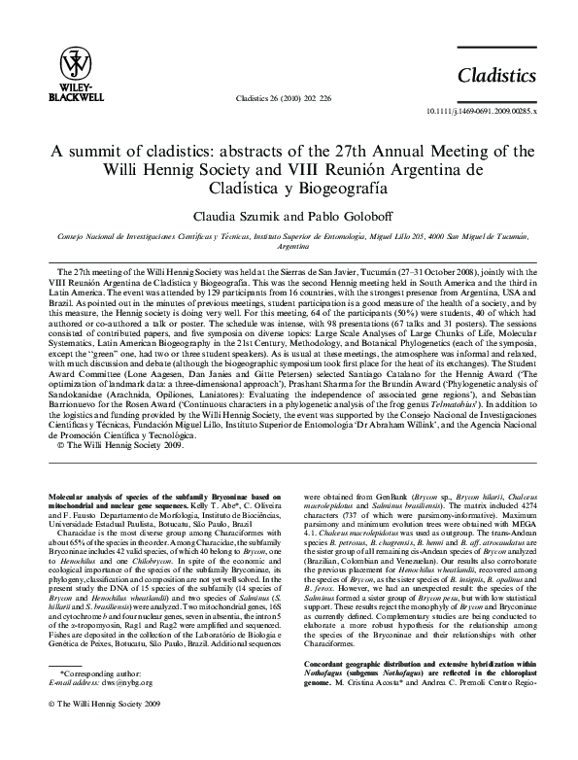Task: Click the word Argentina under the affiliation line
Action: pyautogui.click(x=289, y=247)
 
